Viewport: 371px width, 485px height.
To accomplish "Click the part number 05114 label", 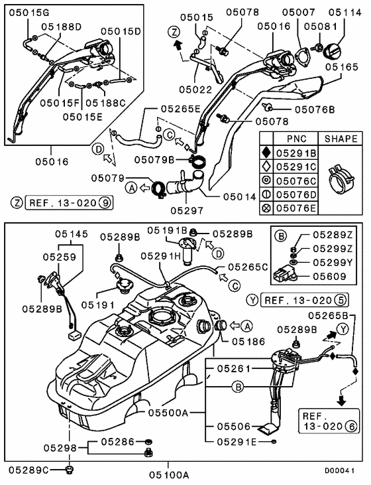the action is (x=344, y=13).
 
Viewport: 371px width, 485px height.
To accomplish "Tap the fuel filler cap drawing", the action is (x=332, y=51).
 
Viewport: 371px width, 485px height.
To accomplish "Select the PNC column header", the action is (x=297, y=139).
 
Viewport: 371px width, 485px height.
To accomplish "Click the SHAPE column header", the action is (x=341, y=139).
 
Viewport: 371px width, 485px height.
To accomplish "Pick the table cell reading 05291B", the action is (x=296, y=153).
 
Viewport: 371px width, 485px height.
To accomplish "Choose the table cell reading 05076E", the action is (x=296, y=208).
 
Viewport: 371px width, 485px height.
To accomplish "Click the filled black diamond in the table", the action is (x=266, y=153).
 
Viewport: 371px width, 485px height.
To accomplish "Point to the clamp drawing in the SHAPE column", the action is (x=340, y=179).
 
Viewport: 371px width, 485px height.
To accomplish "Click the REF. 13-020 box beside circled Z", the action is (x=70, y=203).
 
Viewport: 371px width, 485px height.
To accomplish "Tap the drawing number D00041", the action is (x=339, y=471).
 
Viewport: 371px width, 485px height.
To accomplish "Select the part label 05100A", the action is (x=169, y=475).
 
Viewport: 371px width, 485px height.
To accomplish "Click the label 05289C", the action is (x=28, y=470).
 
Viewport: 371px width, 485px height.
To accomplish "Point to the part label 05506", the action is (x=234, y=427).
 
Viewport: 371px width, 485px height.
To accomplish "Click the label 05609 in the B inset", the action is (x=330, y=276).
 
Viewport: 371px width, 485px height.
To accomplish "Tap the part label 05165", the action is (x=342, y=67).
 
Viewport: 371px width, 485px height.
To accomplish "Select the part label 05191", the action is (x=98, y=305).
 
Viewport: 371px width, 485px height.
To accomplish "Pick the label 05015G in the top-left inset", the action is (x=29, y=13).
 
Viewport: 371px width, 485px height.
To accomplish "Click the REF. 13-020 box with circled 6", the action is (x=329, y=421).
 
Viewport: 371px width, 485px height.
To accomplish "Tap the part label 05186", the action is (x=248, y=342).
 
